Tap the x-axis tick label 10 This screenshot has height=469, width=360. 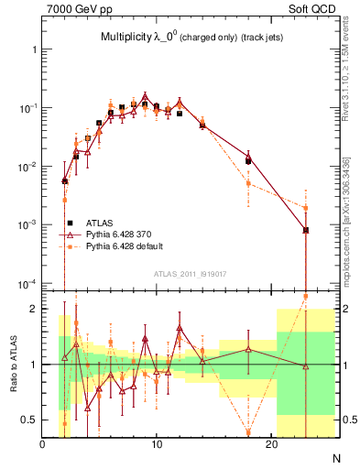click(157, 446)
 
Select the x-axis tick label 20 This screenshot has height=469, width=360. click(270, 446)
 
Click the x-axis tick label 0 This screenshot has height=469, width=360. click(43, 446)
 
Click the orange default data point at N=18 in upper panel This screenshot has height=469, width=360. click(248, 183)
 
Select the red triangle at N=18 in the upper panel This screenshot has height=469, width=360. click(248, 156)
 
